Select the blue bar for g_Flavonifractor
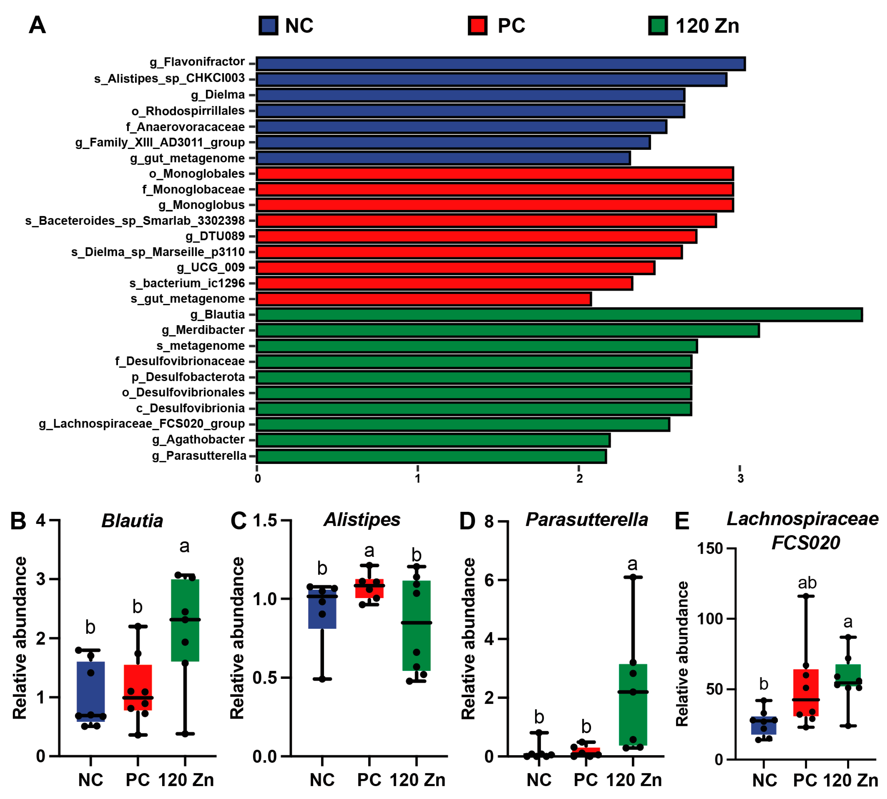point(501,64)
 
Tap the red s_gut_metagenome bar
point(424,299)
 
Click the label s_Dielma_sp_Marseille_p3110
point(158,252)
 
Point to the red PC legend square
point(477,25)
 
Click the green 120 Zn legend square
point(657,25)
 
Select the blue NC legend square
point(268,25)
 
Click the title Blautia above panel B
point(132,521)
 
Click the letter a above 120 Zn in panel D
point(632,564)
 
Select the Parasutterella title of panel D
point(587,520)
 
